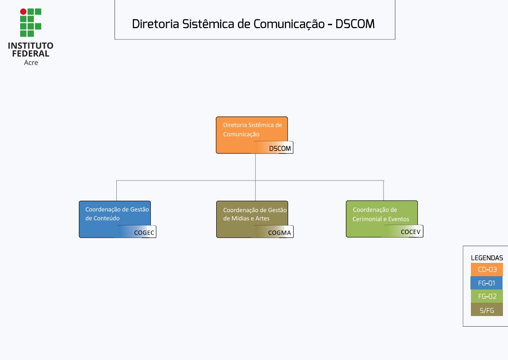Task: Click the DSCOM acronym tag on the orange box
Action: click(x=280, y=148)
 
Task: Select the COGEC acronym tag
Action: click(x=144, y=233)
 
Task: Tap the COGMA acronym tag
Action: click(x=279, y=233)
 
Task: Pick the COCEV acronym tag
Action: click(x=410, y=232)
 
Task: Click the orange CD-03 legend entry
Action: click(x=487, y=270)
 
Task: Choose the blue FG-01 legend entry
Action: click(x=486, y=283)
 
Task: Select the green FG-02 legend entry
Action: click(x=487, y=296)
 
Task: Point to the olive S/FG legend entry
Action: click(x=487, y=310)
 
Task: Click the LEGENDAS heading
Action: click(x=487, y=258)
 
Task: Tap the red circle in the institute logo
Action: click(x=23, y=11)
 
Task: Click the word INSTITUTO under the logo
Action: click(x=31, y=46)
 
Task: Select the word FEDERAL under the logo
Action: click(x=31, y=54)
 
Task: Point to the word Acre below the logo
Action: click(x=31, y=63)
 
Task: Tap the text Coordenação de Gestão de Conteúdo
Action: click(x=117, y=214)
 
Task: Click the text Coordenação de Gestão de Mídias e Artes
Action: click(x=255, y=214)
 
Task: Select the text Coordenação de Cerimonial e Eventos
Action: click(x=381, y=214)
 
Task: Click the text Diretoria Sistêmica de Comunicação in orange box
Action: click(x=252, y=130)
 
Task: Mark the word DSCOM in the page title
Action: click(x=355, y=24)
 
